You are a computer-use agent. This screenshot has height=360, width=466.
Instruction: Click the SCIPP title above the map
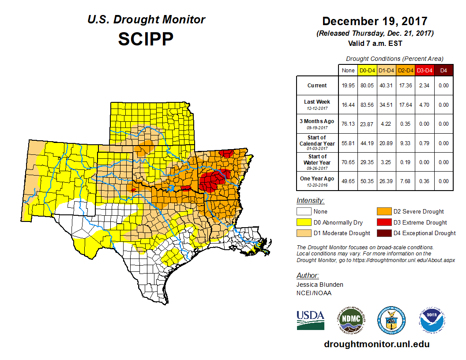[x=146, y=39]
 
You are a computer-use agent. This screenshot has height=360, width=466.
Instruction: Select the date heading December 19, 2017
[x=375, y=21]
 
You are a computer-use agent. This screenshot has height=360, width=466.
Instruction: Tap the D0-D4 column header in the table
[x=367, y=71]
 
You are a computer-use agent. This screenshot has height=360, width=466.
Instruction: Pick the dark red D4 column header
[x=443, y=71]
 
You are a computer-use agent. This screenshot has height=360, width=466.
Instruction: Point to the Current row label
[x=317, y=86]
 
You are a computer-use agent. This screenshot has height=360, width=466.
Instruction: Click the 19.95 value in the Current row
[x=348, y=86]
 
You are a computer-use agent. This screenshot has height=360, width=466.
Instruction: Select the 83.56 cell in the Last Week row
[x=367, y=105]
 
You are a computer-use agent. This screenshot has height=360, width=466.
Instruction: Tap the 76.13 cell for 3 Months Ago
[x=348, y=124]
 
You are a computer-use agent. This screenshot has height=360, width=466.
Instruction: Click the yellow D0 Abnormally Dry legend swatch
[x=303, y=222]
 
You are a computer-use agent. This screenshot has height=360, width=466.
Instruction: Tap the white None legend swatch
[x=303, y=212]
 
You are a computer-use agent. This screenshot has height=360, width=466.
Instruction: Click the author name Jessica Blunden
[x=319, y=285]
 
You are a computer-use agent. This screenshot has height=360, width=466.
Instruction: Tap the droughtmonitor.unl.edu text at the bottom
[x=376, y=344]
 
